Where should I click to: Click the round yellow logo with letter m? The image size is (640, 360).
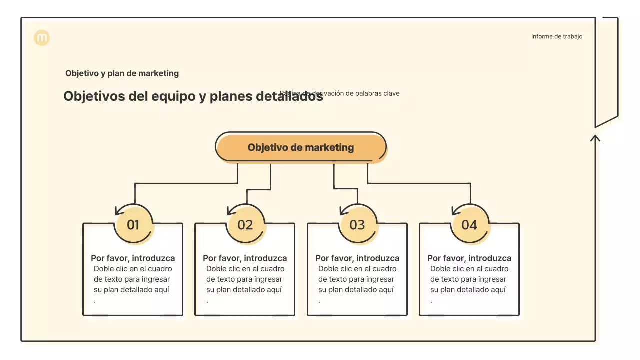point(42,38)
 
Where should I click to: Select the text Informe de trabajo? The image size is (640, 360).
point(556,36)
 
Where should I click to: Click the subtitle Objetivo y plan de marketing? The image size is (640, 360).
point(122,73)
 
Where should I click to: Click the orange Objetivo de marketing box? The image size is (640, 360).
point(301,148)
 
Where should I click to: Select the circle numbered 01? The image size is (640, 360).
point(133,225)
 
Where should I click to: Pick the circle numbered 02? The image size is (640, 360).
point(245,225)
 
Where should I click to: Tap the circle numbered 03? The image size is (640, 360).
point(357,225)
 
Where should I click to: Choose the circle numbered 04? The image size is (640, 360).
point(469,225)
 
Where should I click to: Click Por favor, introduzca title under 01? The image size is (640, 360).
point(133,258)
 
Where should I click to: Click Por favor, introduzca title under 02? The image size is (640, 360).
point(245,258)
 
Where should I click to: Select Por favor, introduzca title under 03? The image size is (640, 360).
point(357,258)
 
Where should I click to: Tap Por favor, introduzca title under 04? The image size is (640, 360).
point(469,258)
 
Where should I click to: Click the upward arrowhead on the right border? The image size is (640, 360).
point(595,137)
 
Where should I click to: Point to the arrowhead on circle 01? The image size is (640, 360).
point(118,210)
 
